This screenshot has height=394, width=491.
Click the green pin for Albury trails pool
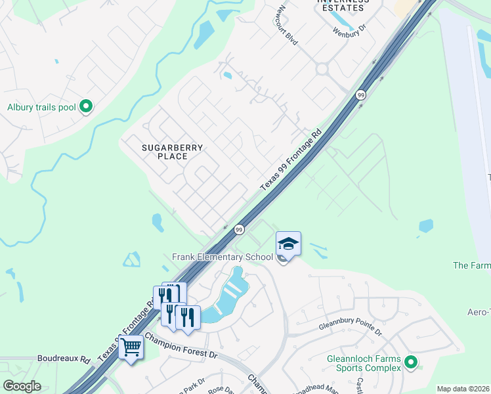point(85,106)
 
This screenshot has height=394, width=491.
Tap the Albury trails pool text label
point(42,107)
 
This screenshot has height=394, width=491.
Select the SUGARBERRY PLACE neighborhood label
point(173,152)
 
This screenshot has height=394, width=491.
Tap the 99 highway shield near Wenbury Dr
point(360,96)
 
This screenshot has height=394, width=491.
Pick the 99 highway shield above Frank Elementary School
point(239,230)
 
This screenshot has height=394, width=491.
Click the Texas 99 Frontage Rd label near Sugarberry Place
point(290,160)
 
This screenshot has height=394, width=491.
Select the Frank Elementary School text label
point(223,257)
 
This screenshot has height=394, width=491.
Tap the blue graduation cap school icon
point(288,244)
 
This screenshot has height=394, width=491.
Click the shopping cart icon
point(131,346)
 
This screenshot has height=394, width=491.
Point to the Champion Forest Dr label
point(181,346)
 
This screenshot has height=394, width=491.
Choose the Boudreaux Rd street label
point(63,359)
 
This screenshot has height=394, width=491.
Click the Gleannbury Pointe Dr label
point(350,328)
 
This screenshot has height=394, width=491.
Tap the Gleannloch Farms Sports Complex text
point(364,363)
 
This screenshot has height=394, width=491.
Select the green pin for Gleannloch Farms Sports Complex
point(411,362)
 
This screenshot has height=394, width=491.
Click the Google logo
point(22,386)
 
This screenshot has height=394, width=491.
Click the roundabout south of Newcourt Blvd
point(322,69)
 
